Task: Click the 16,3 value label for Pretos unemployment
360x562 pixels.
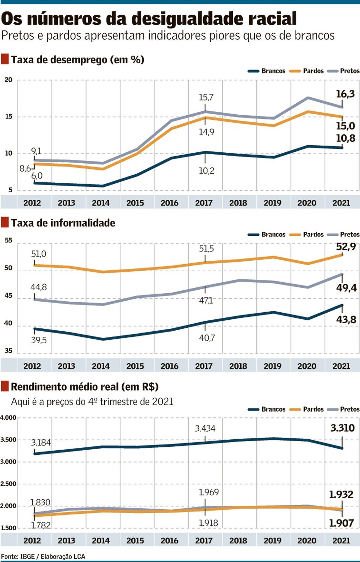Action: (345, 94)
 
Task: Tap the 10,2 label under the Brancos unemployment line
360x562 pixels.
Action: (206, 171)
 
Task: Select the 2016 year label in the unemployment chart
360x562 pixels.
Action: (169, 203)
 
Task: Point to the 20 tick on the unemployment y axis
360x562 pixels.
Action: (8, 80)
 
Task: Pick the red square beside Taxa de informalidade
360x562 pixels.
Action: (5, 222)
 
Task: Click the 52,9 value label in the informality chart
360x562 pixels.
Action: (346, 247)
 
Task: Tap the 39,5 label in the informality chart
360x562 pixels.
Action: (39, 340)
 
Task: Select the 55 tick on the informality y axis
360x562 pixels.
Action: (8, 241)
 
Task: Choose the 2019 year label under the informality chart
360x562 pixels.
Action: (273, 366)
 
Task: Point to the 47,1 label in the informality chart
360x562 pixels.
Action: (206, 301)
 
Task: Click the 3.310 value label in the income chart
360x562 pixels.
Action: (342, 428)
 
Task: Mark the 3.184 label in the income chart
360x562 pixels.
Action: (41, 443)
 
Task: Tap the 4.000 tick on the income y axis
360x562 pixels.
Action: (8, 418)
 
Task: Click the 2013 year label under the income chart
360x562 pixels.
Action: (66, 540)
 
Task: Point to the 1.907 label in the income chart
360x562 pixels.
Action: (341, 523)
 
